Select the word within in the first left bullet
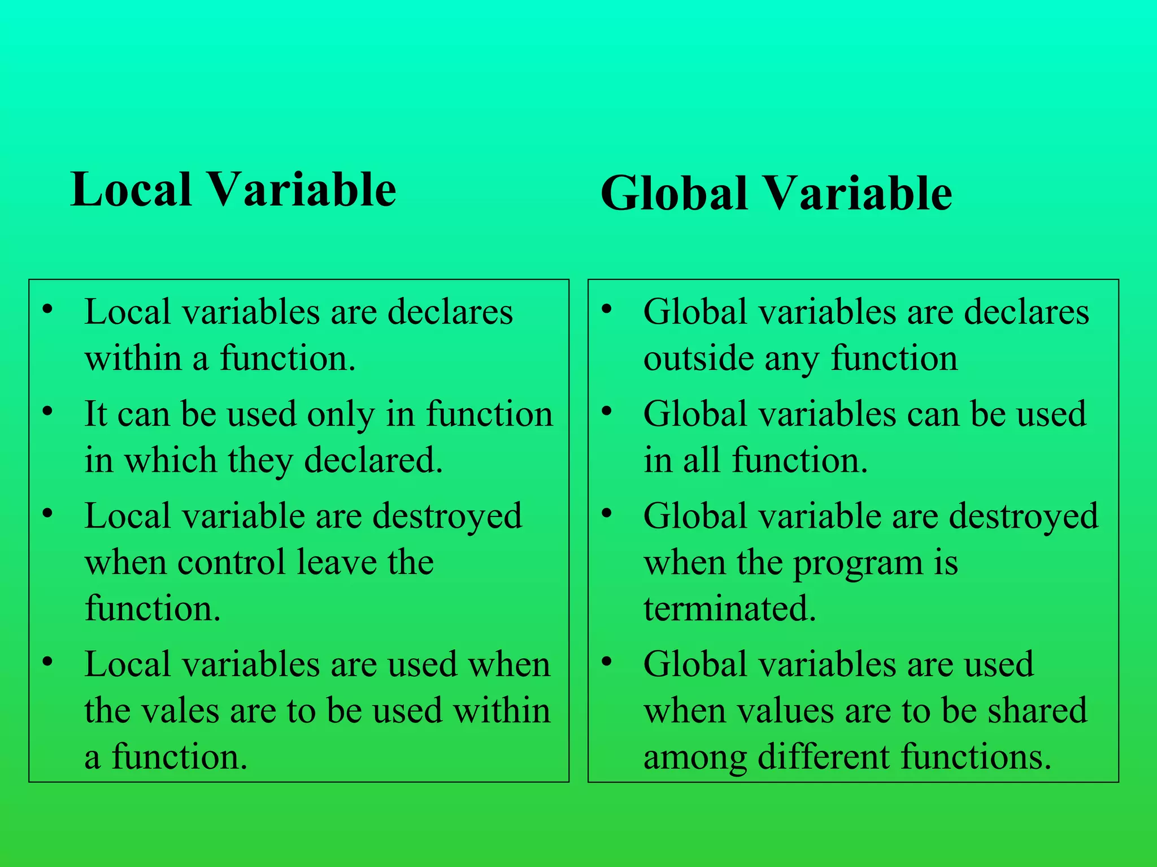(x=133, y=358)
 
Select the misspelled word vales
(x=180, y=711)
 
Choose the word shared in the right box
(x=1037, y=711)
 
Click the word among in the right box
(x=695, y=757)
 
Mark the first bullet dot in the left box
(x=48, y=309)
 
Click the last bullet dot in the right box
(x=607, y=661)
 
